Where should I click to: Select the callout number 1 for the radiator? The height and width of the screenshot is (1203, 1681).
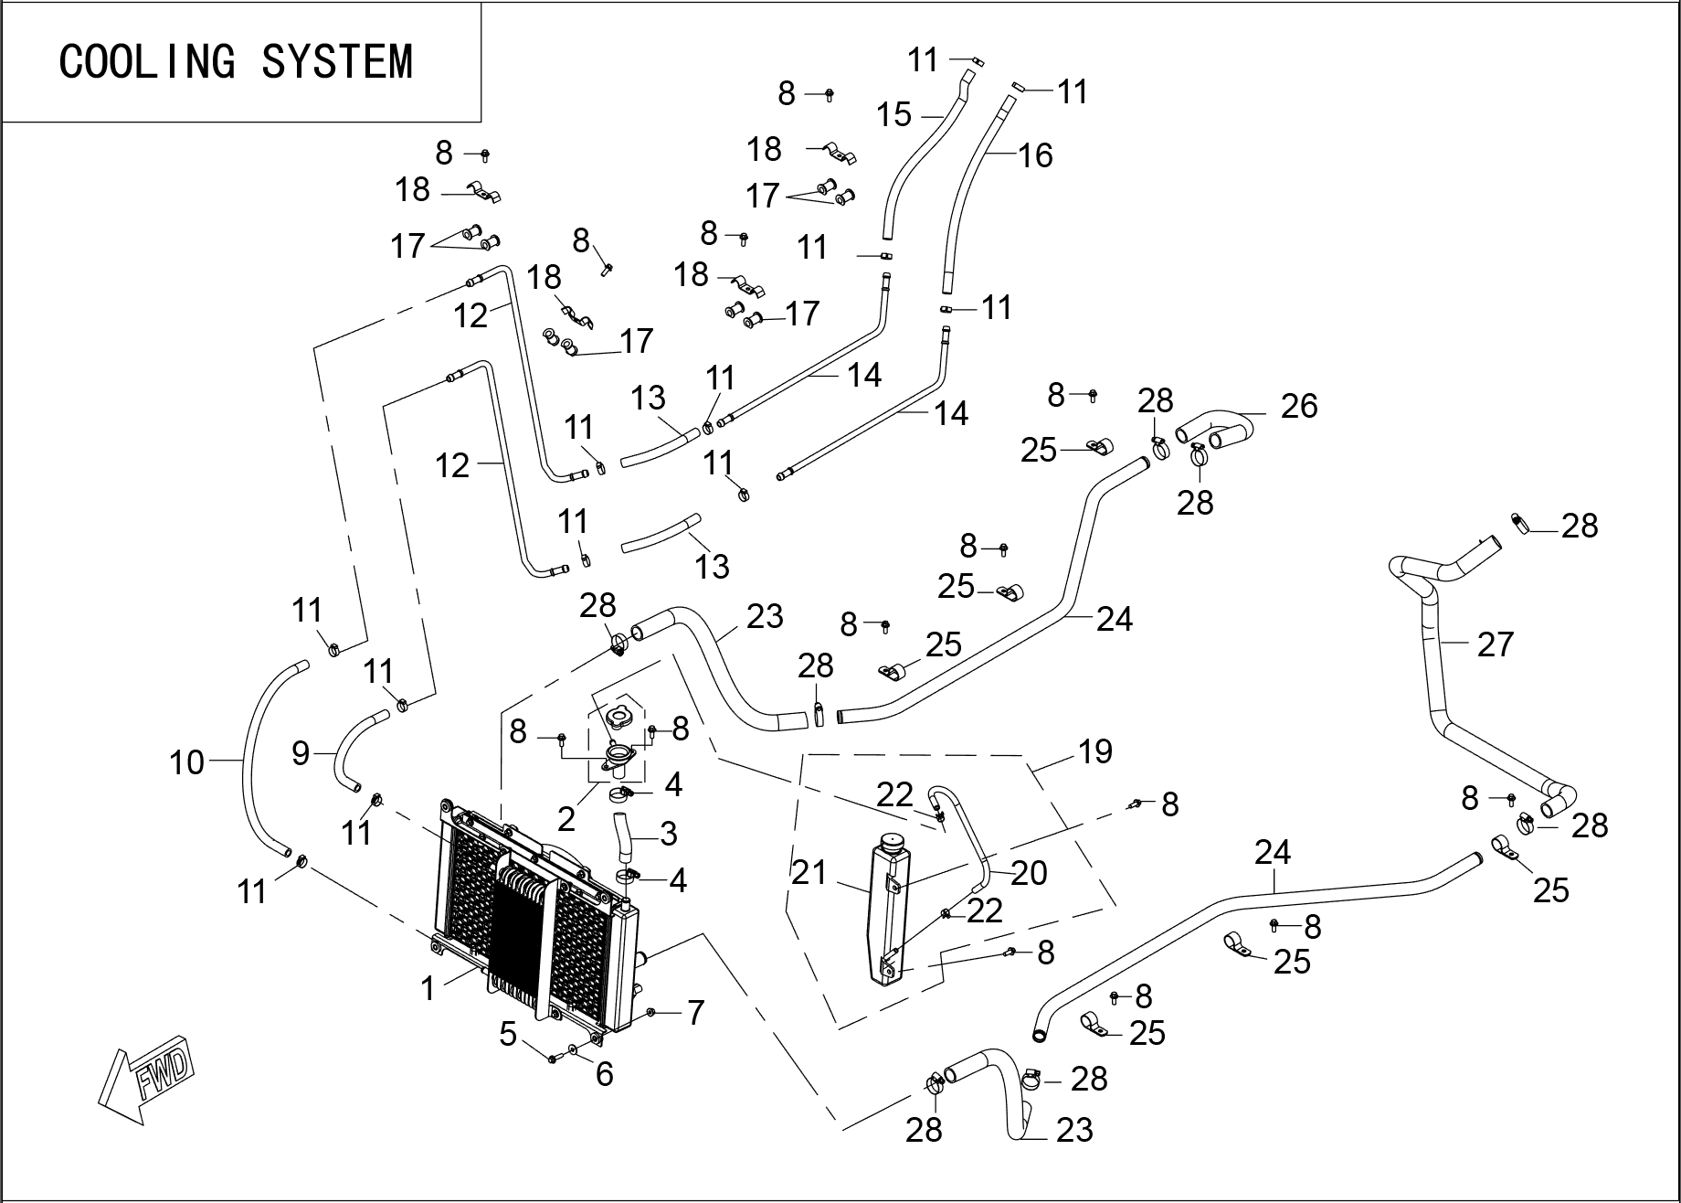(428, 987)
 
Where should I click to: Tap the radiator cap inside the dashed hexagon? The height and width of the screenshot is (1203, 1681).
(620, 715)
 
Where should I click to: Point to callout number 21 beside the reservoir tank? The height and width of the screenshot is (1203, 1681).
(809, 872)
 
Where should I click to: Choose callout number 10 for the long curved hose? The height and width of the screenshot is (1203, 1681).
(186, 761)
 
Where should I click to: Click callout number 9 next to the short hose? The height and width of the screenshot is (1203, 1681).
(301, 753)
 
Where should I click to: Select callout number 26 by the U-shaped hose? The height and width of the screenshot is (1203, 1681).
(1298, 406)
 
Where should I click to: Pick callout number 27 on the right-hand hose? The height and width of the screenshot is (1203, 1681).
(1495, 644)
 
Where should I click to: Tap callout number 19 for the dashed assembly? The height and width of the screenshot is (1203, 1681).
(1094, 751)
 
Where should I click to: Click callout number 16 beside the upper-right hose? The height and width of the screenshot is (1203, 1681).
(1035, 155)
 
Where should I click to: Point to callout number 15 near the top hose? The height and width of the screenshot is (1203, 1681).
(893, 115)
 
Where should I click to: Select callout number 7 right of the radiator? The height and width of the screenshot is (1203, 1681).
(695, 1012)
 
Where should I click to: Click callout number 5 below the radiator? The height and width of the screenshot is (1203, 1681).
(508, 1035)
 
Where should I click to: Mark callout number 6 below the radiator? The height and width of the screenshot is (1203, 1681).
(604, 1074)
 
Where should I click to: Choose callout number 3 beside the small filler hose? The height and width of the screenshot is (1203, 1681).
(668, 833)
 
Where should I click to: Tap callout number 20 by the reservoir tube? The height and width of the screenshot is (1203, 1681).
(1029, 873)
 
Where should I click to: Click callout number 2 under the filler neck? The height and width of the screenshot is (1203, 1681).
(566, 819)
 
